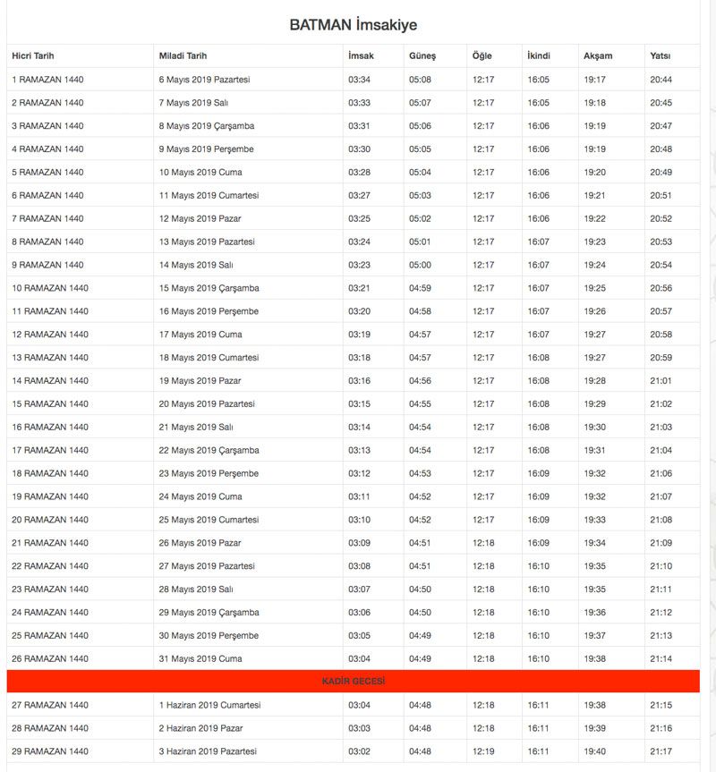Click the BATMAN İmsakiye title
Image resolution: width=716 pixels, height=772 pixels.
[353, 25]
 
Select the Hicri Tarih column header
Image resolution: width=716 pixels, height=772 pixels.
[33, 56]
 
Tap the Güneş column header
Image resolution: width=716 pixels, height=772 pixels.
[422, 56]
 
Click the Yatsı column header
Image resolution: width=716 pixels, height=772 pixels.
[661, 56]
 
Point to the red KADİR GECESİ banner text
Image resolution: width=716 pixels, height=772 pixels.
[353, 682]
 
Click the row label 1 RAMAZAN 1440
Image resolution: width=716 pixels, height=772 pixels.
[47, 80]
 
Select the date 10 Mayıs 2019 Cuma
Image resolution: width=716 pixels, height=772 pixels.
[200, 173]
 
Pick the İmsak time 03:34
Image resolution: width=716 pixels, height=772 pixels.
[359, 80]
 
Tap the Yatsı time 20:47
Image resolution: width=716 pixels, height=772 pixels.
[661, 126]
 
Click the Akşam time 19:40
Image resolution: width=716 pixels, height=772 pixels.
[594, 751]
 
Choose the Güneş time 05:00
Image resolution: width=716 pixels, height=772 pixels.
[420, 266]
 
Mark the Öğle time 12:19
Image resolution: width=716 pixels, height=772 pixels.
[483, 751]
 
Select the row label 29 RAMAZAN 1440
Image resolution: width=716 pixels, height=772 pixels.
[50, 751]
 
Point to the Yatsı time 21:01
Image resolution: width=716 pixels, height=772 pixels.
[661, 381]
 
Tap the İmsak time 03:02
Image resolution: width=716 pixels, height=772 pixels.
[359, 751]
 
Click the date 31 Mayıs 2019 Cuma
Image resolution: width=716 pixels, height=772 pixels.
[200, 659]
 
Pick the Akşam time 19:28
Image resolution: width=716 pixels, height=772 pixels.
[594, 381]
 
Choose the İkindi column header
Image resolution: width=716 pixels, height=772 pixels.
[539, 56]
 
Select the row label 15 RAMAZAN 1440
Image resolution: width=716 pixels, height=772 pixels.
[50, 404]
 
